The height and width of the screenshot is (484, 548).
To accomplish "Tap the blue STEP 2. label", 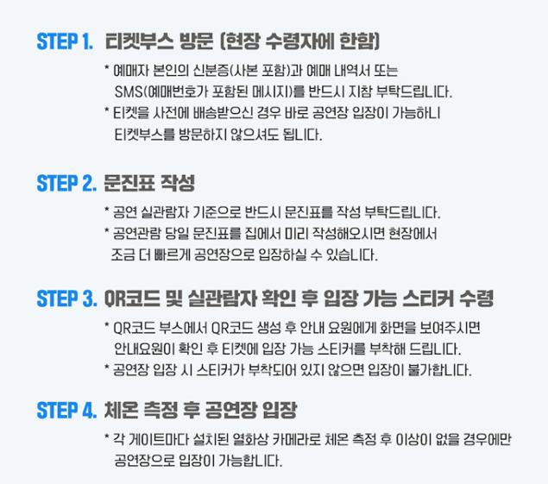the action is [x=66, y=183].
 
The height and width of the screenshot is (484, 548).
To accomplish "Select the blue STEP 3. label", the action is [x=66, y=299].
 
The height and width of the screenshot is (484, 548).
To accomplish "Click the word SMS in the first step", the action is [x=126, y=91].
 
